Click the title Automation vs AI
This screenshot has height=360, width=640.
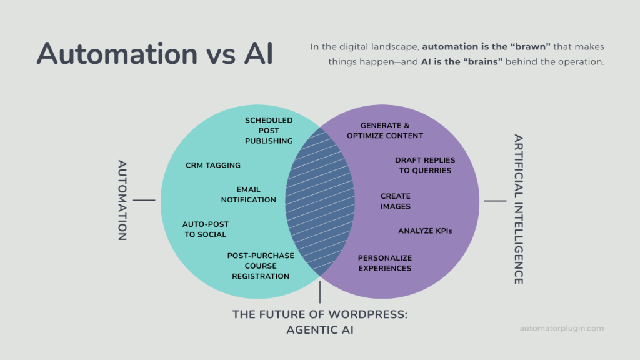click(x=155, y=54)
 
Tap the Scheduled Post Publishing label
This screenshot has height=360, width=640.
click(x=269, y=131)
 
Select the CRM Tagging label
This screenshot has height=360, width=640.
click(x=213, y=166)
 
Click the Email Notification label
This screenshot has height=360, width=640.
click(x=248, y=195)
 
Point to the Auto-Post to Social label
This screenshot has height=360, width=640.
click(x=205, y=229)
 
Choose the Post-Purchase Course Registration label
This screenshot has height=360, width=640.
click(x=261, y=266)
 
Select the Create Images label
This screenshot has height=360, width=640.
click(x=396, y=201)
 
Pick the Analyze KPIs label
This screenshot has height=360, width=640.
click(x=425, y=231)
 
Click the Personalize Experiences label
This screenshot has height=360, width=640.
click(x=385, y=263)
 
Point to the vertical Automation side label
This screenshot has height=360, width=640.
click(x=122, y=200)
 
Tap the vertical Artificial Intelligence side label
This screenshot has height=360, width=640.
click(x=518, y=209)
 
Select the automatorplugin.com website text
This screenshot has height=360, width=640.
click(x=562, y=328)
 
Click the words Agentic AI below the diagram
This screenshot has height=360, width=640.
click(x=320, y=330)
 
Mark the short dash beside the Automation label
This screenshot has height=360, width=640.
click(x=144, y=201)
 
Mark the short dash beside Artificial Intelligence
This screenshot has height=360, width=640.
click(x=495, y=201)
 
